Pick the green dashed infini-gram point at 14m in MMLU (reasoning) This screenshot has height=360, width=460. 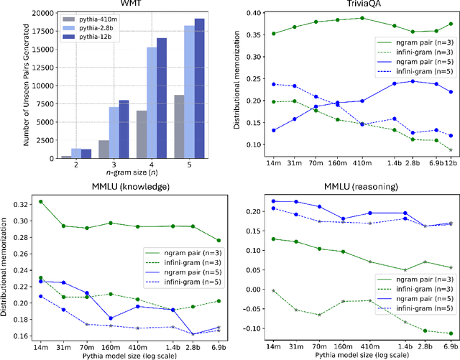[273, 290]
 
